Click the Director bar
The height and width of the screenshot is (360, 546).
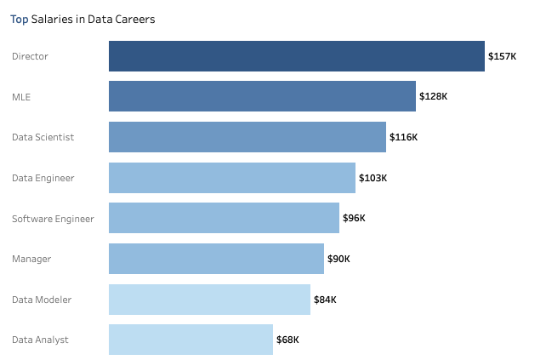(296, 56)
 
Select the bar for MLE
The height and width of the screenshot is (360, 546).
(262, 96)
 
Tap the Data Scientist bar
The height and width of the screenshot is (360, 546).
(247, 137)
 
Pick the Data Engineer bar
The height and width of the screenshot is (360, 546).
(231, 178)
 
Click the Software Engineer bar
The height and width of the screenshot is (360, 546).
(224, 218)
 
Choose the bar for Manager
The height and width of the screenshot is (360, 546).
(216, 259)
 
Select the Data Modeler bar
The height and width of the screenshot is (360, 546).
(209, 300)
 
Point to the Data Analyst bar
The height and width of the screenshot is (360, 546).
(191, 340)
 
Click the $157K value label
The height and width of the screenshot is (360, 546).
(502, 56)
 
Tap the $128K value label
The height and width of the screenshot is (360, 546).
(433, 97)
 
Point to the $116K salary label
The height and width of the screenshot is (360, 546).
(403, 137)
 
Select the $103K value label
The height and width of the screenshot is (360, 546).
(373, 178)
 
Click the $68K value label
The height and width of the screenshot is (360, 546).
(287, 340)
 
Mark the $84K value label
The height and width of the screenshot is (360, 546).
(325, 300)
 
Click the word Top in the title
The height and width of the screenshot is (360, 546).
(20, 19)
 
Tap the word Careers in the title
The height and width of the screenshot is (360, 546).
(134, 19)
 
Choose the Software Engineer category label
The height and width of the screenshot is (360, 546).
(53, 219)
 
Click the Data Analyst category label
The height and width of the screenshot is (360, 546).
(40, 340)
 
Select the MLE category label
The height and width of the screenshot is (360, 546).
(22, 97)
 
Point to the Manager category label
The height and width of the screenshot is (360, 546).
(31, 259)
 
